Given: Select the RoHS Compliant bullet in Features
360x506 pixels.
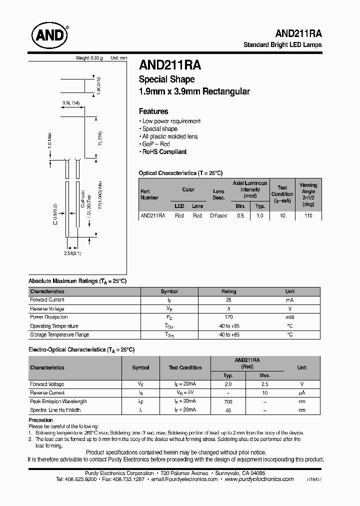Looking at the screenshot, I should click(164, 152).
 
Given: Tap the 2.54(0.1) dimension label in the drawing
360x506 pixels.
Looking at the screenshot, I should click(73, 254).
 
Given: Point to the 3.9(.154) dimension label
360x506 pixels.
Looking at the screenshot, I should click(71, 103).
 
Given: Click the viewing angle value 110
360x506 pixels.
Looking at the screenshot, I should click(308, 215).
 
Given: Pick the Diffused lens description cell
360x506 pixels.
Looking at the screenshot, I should click(218, 215).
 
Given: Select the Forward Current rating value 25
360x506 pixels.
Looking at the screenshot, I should click(228, 300).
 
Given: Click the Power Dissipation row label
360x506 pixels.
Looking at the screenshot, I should click(49, 317).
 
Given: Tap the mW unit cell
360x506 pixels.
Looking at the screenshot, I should click(289, 317).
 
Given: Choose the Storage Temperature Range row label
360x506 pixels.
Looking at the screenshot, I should click(59, 334).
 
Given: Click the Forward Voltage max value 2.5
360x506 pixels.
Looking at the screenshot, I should click(265, 384).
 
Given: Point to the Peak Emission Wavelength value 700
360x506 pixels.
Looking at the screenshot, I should click(228, 401).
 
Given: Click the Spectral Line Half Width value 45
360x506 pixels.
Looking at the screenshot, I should click(228, 410).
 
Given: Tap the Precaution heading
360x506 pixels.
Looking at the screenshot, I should click(40, 420).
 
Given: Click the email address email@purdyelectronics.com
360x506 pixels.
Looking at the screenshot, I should click(184, 479).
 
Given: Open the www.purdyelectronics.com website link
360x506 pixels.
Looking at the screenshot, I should click(259, 479).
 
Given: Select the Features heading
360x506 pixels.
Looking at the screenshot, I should click(153, 111).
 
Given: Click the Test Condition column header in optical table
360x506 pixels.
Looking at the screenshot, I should click(282, 194).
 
